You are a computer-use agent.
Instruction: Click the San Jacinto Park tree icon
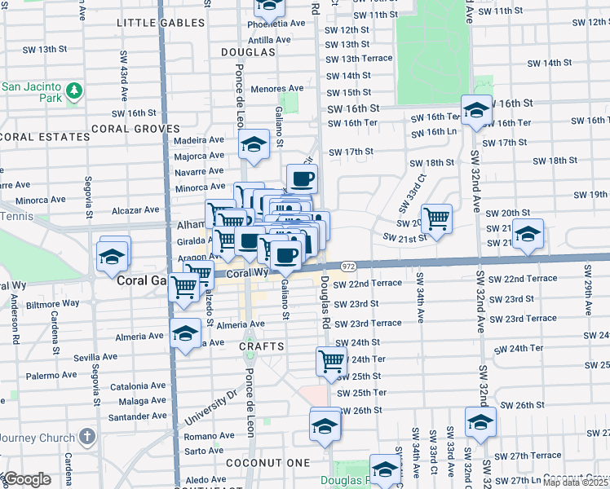tap(74, 90)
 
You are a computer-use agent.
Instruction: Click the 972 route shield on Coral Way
tap(348, 267)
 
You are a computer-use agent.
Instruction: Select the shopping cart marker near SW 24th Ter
tap(331, 360)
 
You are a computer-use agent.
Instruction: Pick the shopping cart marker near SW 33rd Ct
tap(437, 218)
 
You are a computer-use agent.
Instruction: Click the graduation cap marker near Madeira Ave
tap(254, 146)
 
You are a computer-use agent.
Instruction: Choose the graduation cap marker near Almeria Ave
tap(185, 333)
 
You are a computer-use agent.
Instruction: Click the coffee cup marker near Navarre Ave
tap(302, 178)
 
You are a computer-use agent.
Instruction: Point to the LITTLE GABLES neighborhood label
tap(159, 23)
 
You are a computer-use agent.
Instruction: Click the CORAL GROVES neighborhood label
tap(135, 129)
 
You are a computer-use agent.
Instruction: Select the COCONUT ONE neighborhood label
tap(269, 463)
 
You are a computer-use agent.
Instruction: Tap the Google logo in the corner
tap(26, 479)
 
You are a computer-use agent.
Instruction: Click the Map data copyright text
tap(576, 482)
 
